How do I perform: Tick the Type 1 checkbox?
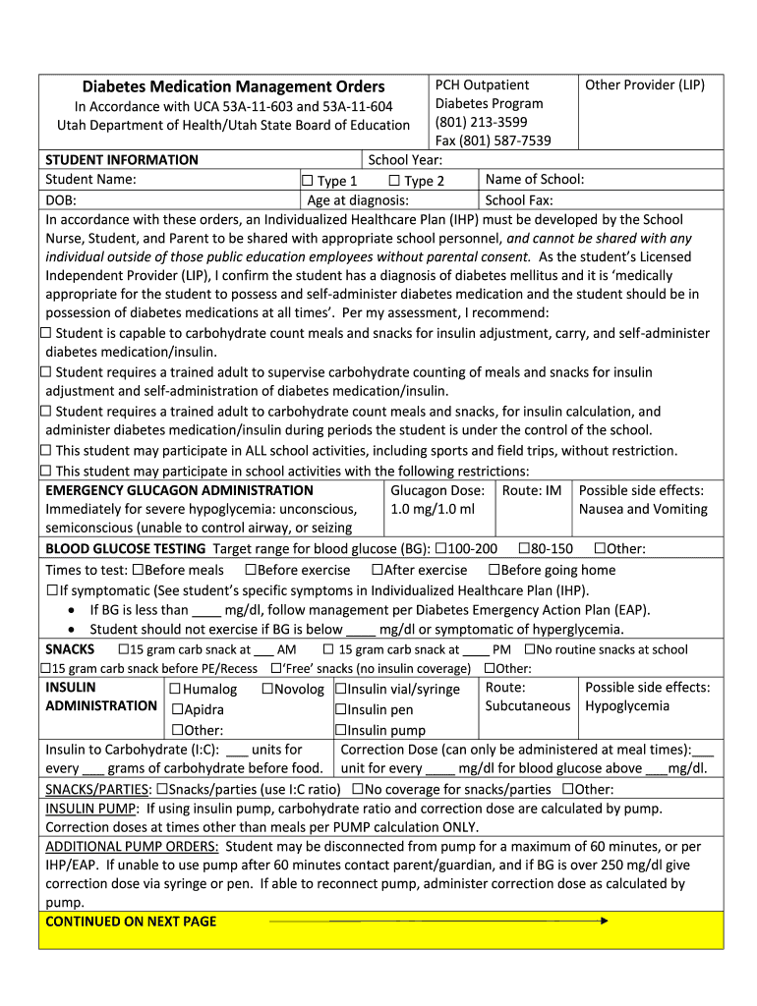coord(307,181)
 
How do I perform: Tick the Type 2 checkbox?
coord(394,181)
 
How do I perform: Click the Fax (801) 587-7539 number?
coord(493,140)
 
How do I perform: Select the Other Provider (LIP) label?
coord(644,84)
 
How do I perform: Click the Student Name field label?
coord(90,179)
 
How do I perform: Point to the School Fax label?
coord(519,200)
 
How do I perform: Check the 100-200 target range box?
coord(440,549)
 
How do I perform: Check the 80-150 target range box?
coord(524,549)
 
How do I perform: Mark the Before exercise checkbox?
coord(250,570)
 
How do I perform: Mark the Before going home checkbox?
coord(494,570)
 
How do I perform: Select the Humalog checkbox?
coord(176,690)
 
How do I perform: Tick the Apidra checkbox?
coord(178,710)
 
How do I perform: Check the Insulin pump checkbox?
coord(340,730)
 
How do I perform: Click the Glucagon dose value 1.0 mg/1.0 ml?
coord(432,509)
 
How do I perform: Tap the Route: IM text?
coord(532,490)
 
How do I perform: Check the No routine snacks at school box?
coord(530,649)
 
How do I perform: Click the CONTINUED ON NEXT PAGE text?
coord(131,921)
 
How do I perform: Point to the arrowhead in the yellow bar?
coord(604,921)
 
